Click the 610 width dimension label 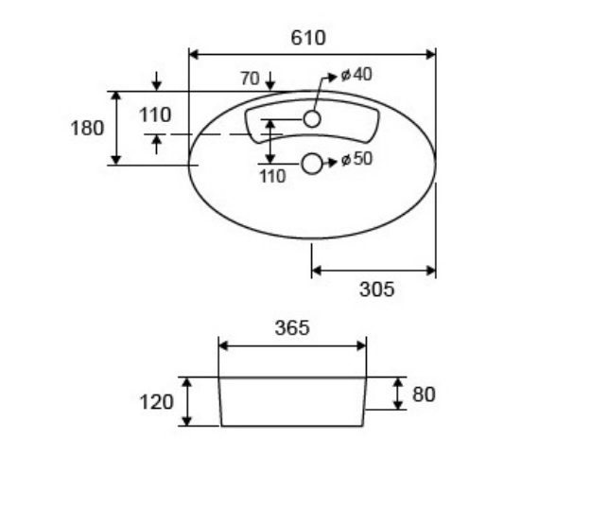308,38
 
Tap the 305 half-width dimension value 376,290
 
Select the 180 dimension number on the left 87,128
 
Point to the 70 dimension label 250,79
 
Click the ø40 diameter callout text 356,75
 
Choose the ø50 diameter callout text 356,159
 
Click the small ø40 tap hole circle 312,119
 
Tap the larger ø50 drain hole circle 312,164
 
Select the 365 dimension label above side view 292,328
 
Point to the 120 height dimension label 156,402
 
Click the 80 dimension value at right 424,395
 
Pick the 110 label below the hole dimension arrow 272,176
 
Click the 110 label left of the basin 155,114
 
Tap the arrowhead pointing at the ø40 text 333,78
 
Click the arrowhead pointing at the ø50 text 332,162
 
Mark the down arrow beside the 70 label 270,80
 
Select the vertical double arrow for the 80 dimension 398,394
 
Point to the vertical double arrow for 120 187,402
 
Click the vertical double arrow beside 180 116,128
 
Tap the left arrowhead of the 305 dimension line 317,271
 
